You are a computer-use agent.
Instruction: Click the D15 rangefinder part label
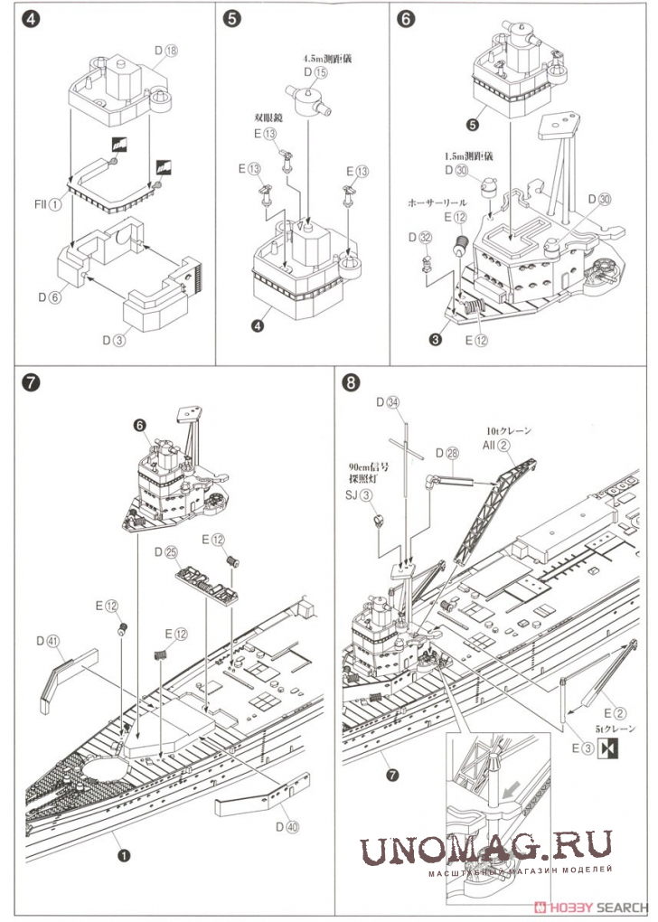click(x=313, y=71)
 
